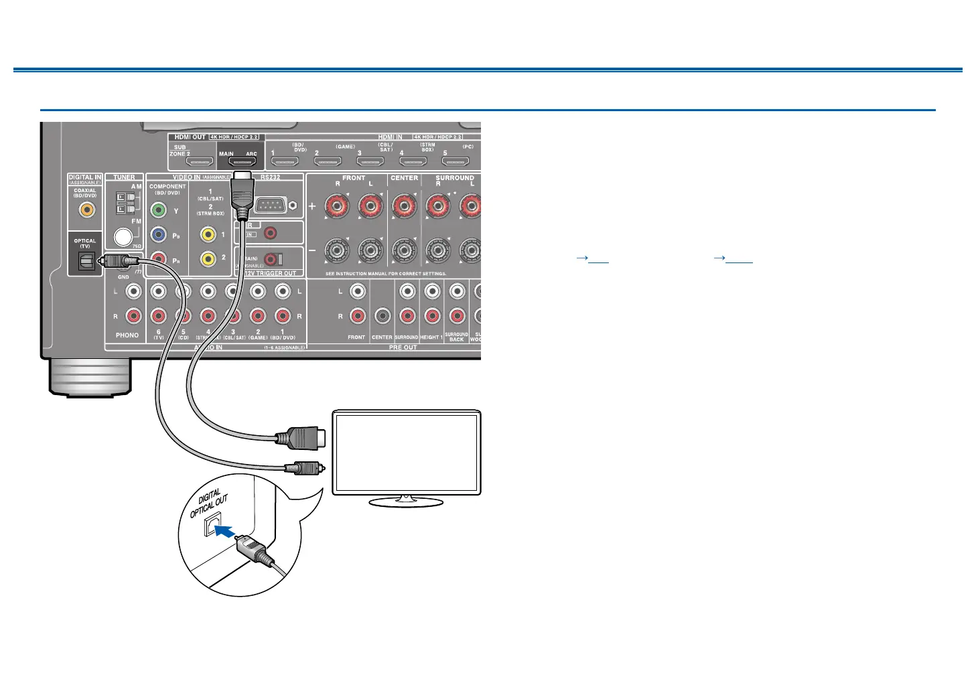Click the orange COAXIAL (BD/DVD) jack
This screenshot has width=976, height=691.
coord(86,210)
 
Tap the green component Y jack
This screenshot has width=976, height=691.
coord(158,210)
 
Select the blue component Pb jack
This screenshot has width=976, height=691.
coord(158,235)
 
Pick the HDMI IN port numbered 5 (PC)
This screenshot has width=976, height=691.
coord(456,161)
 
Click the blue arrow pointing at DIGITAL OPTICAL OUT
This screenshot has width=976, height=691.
coord(226,531)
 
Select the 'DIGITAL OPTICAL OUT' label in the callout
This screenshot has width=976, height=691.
coord(209,504)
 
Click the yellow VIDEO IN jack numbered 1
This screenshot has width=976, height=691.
coord(208,234)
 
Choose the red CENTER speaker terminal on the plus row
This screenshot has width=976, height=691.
coord(404,206)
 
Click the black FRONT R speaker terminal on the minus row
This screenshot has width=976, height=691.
coord(336,251)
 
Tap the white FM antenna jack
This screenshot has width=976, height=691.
coord(123,236)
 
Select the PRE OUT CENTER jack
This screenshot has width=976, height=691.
coord(382,315)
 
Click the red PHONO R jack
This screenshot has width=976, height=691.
coord(134,315)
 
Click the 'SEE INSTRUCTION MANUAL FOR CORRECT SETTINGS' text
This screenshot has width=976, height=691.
coord(386,274)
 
